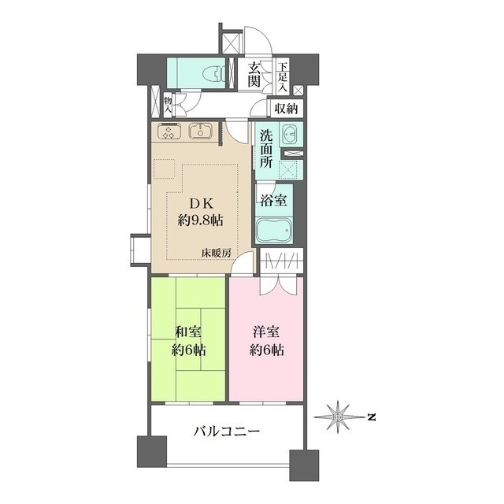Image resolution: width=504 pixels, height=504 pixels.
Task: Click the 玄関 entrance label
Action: [x=254, y=75]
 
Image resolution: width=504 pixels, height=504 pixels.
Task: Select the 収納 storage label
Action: [x=287, y=109]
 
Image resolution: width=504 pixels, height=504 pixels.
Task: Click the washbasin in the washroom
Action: [x=288, y=133]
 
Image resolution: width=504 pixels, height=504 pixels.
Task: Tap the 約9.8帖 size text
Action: [x=200, y=220]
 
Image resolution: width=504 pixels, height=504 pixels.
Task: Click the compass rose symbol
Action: [x=339, y=414]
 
